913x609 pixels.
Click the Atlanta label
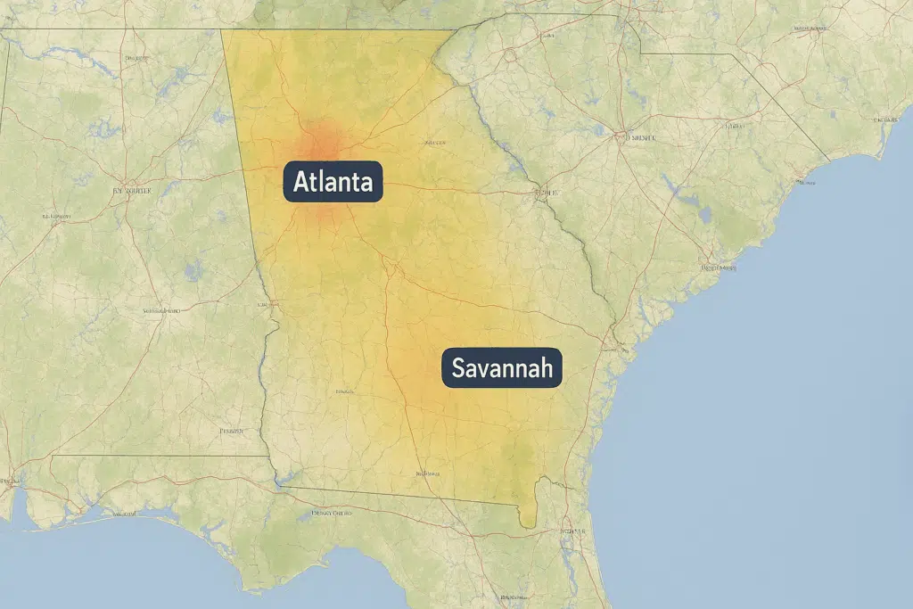point(333,185)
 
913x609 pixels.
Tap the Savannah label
point(502,367)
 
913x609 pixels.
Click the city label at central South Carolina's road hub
point(640,138)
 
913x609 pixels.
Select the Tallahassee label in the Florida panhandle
point(331,514)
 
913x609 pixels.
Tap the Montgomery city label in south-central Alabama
point(161,310)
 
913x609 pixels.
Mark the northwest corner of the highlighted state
point(223,32)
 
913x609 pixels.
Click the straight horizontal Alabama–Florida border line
point(160,456)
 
